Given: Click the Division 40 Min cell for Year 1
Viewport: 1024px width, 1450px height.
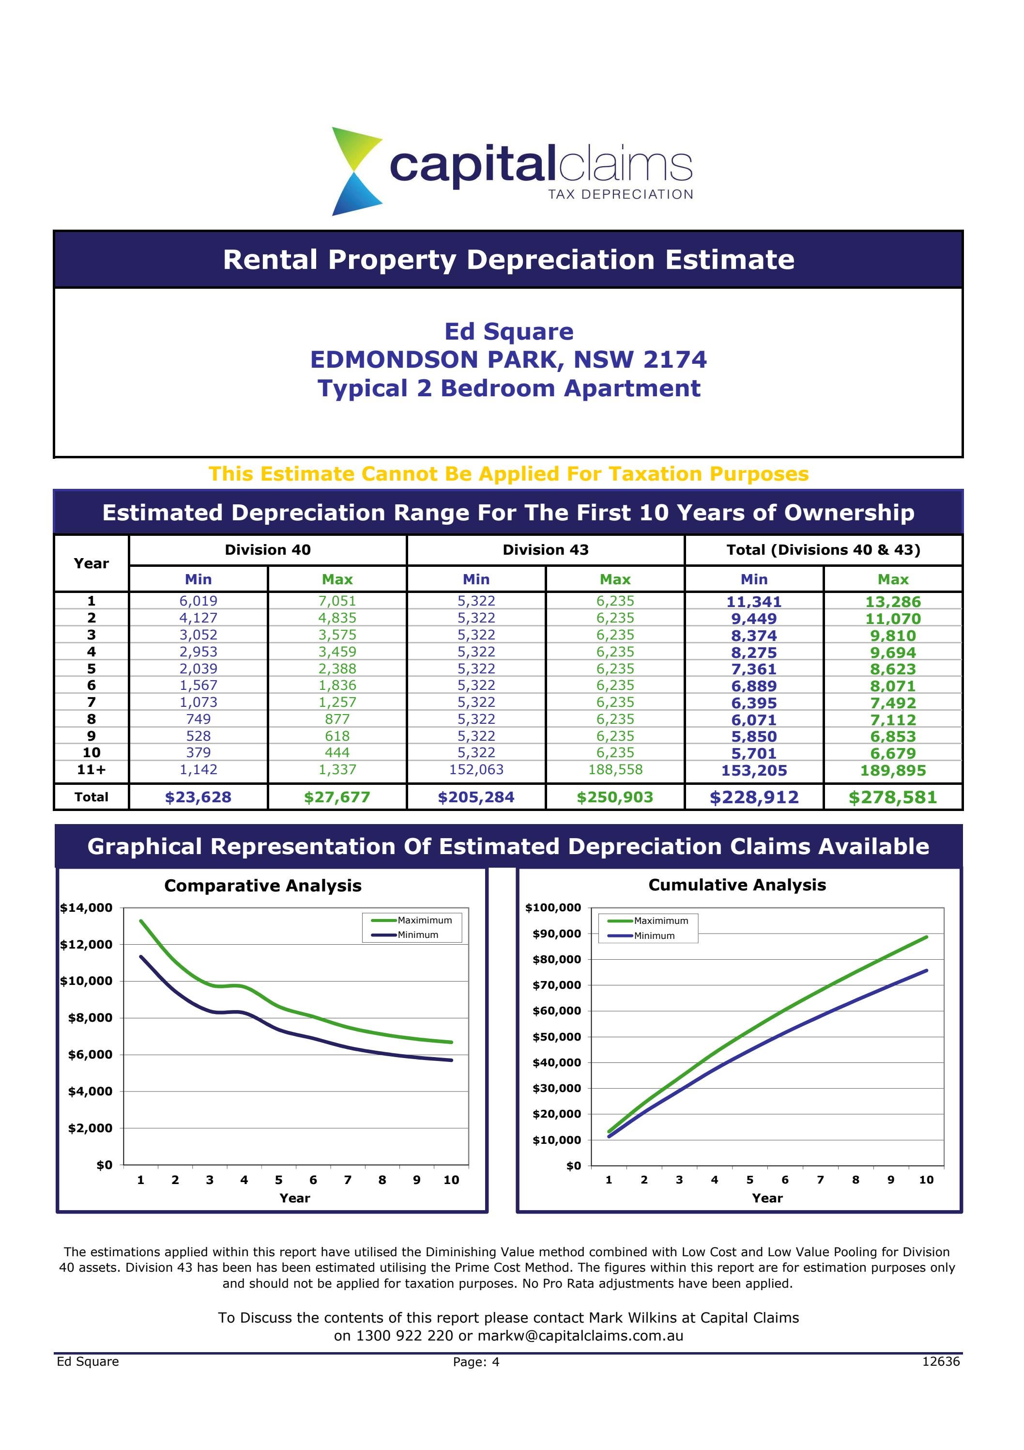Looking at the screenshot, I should (198, 601).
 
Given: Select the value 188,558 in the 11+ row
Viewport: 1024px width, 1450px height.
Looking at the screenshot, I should (615, 770).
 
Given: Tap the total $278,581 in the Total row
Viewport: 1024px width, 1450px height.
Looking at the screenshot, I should (893, 797).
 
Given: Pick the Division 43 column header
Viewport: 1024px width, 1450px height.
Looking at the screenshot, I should (546, 550).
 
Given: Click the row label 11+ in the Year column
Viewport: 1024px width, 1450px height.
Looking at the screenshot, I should (92, 770).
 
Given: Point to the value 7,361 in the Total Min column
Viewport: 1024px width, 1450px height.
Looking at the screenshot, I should (754, 670).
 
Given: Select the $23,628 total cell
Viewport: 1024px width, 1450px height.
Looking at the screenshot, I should (198, 797).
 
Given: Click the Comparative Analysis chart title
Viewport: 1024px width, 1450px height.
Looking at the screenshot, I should (262, 886).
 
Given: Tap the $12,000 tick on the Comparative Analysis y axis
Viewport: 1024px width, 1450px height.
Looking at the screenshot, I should (87, 945).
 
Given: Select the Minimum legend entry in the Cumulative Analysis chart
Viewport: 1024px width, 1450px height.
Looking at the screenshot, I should (654, 936).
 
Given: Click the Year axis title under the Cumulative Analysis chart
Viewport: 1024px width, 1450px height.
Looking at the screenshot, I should (767, 1199).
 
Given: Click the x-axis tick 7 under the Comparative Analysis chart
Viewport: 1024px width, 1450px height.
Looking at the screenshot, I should (348, 1180).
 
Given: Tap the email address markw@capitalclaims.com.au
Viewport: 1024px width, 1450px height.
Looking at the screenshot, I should (580, 1336).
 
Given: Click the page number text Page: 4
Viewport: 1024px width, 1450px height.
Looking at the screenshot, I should (476, 1362).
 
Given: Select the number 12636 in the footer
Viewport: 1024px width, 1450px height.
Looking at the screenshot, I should (941, 1361).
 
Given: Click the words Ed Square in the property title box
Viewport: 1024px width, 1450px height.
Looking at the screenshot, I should (509, 331).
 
